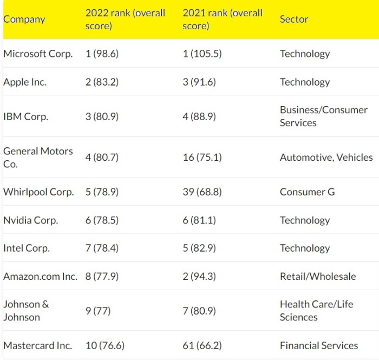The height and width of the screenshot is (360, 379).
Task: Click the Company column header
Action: point(24,19)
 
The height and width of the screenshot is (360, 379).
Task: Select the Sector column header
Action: point(294,19)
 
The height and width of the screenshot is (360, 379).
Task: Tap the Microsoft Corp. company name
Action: point(38,54)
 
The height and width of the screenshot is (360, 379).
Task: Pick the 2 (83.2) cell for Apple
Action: point(102,82)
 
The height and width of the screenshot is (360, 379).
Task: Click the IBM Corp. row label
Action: point(25,116)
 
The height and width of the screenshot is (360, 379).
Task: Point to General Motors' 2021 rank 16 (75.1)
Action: point(202,158)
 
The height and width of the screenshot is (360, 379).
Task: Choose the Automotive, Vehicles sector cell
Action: point(326,158)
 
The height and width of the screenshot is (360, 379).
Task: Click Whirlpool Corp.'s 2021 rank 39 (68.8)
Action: point(202,192)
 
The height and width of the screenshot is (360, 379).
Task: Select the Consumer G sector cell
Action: point(307,192)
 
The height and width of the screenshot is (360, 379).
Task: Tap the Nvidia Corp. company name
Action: point(30,220)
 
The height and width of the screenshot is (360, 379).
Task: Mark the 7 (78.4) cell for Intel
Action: point(102,248)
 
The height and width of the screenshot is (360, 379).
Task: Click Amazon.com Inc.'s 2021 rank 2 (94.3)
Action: point(199,277)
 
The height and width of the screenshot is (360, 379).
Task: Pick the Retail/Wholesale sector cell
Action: point(318,277)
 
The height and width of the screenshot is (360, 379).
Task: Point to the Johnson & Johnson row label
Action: point(26,311)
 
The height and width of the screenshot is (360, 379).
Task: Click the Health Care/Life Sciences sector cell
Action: point(316,311)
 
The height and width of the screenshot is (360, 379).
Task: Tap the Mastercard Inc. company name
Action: point(37,345)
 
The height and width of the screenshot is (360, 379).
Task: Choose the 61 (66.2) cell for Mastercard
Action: point(202,345)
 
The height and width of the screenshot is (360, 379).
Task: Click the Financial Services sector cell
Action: point(319,345)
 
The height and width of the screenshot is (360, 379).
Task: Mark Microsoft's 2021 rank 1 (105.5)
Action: point(202,54)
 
